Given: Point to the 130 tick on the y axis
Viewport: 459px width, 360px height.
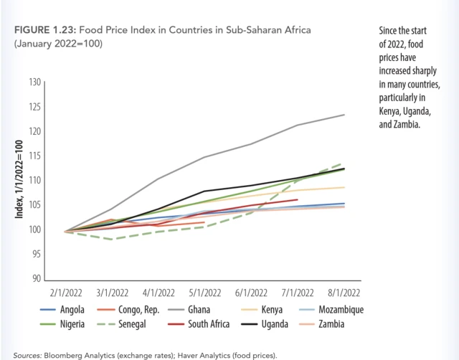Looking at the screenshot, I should (34, 82).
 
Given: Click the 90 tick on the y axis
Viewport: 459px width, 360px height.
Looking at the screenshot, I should (36, 279).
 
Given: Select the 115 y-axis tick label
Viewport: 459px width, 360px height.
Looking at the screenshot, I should (34, 156).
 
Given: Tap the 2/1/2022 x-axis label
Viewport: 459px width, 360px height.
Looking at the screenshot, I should (66, 293).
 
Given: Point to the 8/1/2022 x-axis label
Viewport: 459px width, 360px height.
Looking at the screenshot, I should (344, 293).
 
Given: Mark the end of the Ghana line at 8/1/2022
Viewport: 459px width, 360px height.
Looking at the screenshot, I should (344, 115).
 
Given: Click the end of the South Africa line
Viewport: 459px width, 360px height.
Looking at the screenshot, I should (297, 199).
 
